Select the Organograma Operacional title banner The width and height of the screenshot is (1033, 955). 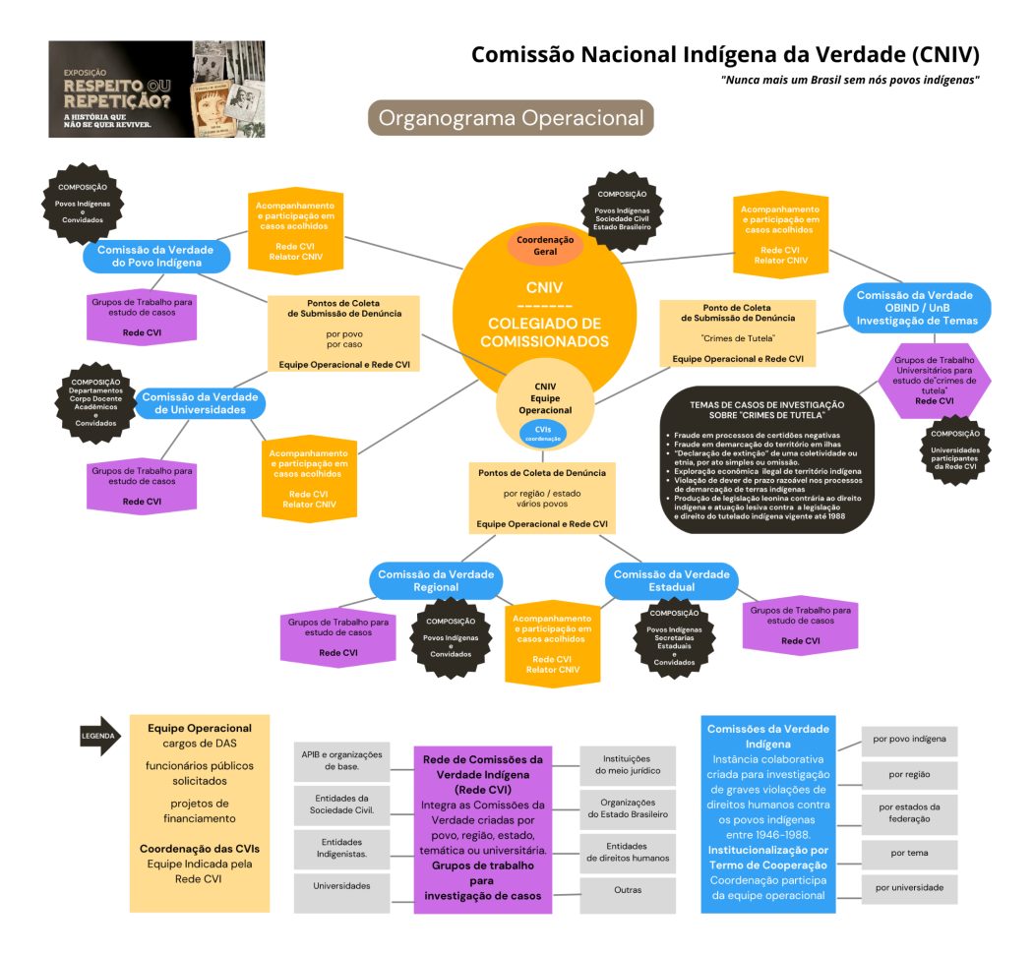point(511,119)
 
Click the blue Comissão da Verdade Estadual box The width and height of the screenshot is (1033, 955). point(671,580)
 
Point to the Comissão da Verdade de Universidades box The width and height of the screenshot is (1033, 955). point(200,402)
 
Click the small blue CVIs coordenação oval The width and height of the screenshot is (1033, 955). point(543,433)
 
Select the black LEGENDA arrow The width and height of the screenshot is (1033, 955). point(100,736)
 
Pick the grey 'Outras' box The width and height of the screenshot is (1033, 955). point(627,890)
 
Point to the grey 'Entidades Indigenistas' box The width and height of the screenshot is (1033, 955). point(341,849)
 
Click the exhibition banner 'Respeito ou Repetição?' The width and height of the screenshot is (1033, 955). point(156,90)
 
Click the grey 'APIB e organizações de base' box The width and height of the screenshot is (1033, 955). point(341,761)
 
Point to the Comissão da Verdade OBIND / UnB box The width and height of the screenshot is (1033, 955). point(914,307)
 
